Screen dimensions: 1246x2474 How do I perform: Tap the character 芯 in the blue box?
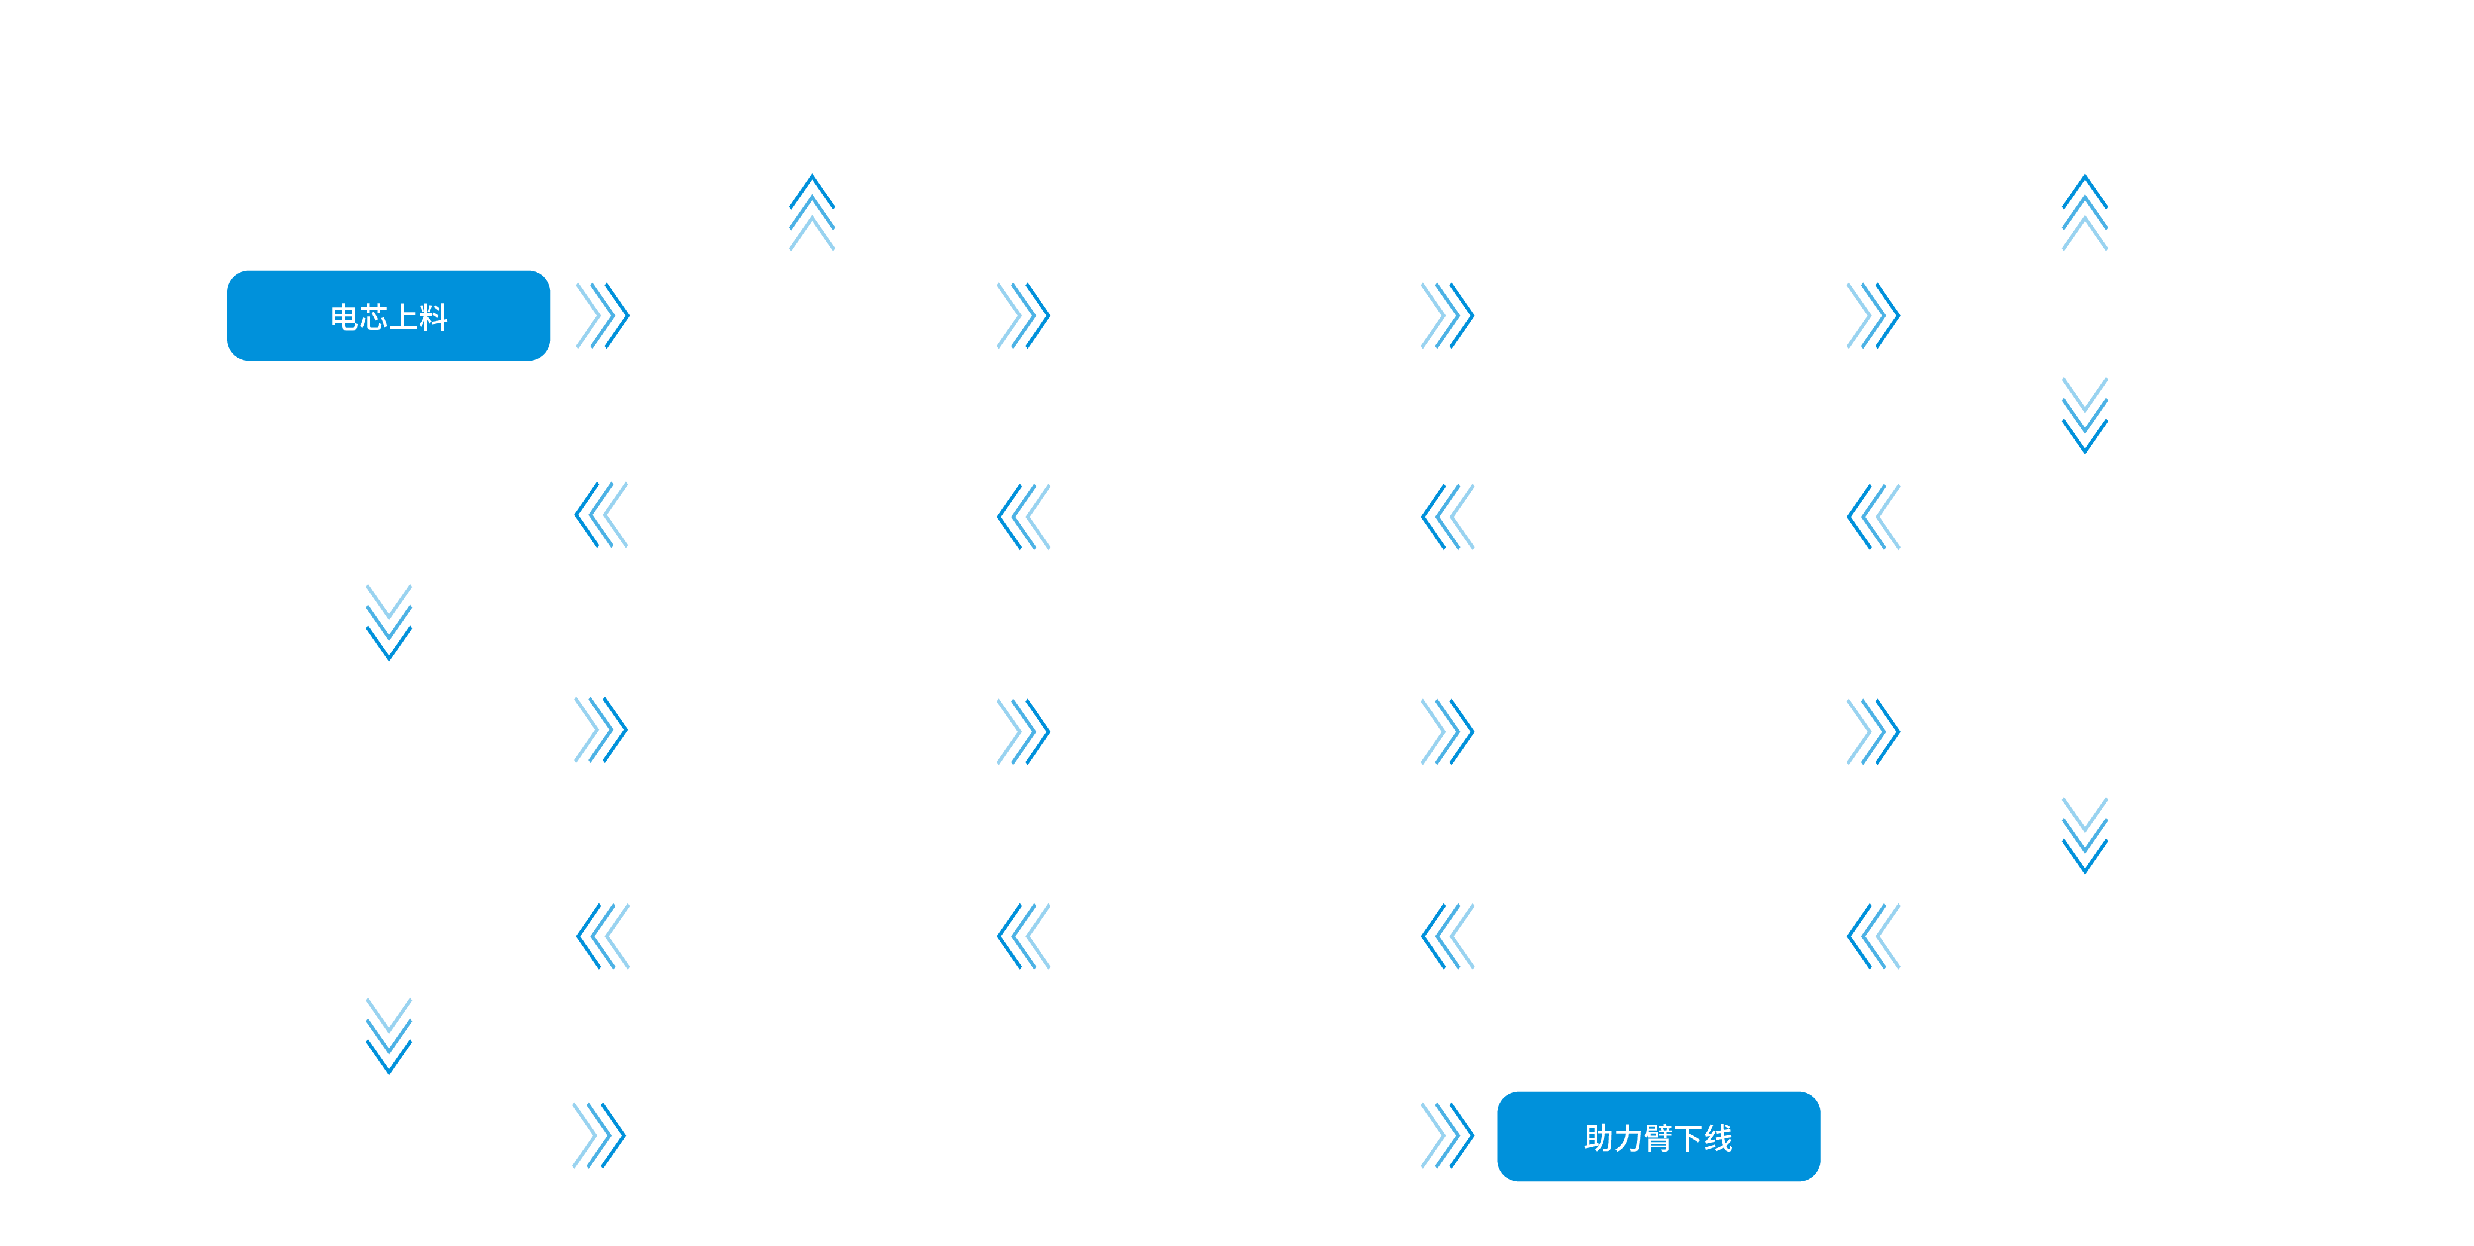coord(374,317)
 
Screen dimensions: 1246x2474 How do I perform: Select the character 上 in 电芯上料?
coord(404,317)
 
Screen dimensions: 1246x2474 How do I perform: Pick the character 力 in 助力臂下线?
coord(1628,1138)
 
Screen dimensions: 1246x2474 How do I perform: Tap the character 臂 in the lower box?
coord(1658,1138)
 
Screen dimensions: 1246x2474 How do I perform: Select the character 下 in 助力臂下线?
coord(1688,1138)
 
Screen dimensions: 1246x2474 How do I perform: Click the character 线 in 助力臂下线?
coord(1718,1138)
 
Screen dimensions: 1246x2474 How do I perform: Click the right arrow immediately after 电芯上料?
coord(602,315)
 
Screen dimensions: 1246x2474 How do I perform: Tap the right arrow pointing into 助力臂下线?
coord(1447,1135)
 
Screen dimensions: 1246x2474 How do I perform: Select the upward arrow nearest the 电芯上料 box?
coord(811,212)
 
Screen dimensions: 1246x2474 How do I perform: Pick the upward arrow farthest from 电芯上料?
coord(2084,212)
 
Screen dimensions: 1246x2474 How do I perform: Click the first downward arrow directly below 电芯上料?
coord(389,622)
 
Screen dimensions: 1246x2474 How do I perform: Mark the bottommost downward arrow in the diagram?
coord(389,1036)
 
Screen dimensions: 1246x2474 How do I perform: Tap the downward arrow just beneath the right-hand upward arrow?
coord(2084,415)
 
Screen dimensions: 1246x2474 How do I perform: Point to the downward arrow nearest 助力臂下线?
coord(2084,835)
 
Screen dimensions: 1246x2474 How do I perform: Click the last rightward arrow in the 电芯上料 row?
coord(1873,315)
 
